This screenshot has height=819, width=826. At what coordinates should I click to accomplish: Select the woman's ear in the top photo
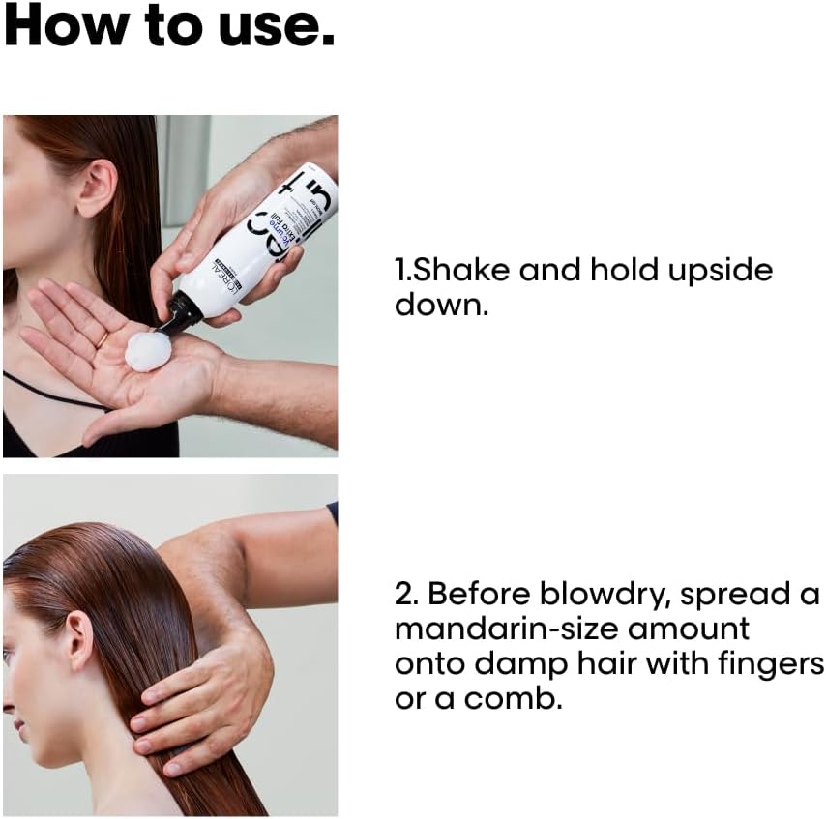click(96, 190)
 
